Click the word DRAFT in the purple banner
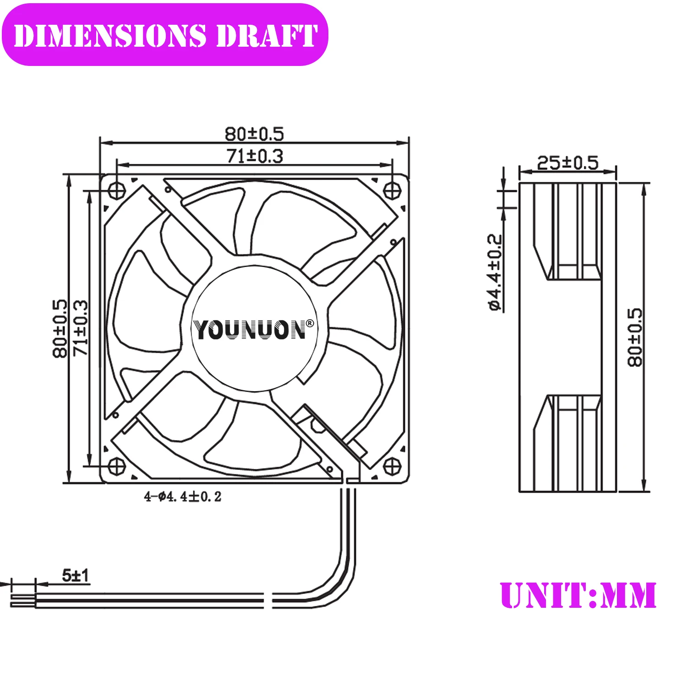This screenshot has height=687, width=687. [267, 36]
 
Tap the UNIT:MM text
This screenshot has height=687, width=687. [578, 595]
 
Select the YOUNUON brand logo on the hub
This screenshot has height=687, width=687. [250, 330]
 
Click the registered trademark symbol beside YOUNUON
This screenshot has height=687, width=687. [310, 324]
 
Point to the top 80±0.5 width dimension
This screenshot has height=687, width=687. [254, 134]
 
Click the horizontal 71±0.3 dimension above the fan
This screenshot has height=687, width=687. [255, 156]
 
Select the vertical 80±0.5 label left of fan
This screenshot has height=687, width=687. [60, 328]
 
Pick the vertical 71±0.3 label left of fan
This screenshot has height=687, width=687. [81, 328]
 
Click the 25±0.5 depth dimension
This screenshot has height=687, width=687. [567, 163]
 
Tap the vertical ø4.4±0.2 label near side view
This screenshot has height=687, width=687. [496, 273]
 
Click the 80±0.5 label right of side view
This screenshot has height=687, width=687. [635, 338]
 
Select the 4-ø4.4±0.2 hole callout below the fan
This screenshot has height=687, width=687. [182, 496]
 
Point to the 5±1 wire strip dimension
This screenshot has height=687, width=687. [76, 575]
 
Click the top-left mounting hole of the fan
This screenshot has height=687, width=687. [117, 190]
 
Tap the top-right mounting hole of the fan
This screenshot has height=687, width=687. [392, 190]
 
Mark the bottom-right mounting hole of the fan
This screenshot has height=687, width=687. [392, 466]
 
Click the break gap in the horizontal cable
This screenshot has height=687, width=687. [268, 600]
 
